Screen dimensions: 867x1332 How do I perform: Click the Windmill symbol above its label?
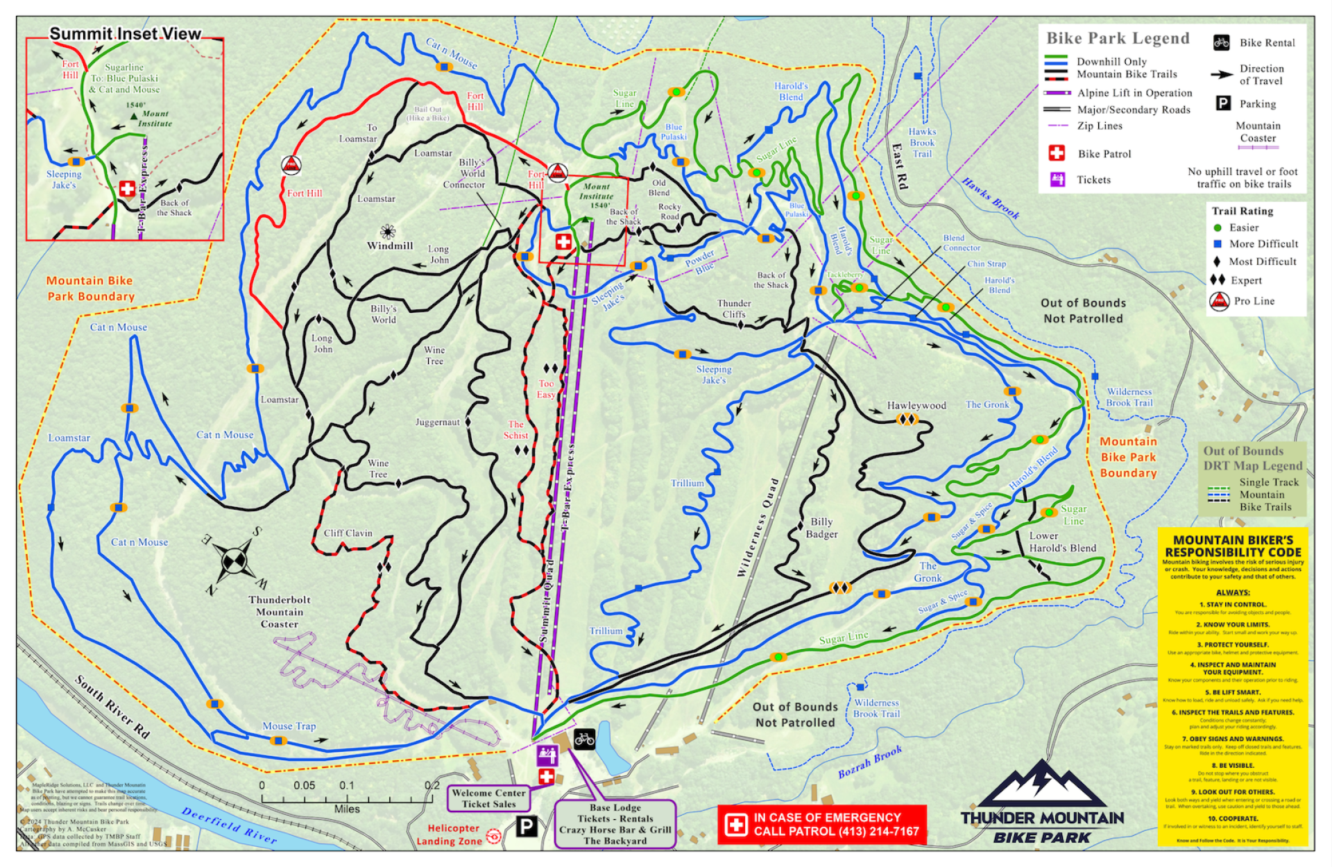(x=388, y=231)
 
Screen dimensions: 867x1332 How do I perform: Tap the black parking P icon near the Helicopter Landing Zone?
(x=527, y=827)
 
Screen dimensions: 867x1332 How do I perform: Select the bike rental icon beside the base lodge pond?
(x=584, y=739)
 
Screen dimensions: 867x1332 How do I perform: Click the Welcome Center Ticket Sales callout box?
(x=488, y=798)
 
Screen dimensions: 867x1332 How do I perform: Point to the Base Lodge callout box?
(x=615, y=825)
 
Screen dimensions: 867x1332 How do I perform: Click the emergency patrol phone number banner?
(x=822, y=825)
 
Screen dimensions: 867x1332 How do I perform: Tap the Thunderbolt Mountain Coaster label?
(x=280, y=612)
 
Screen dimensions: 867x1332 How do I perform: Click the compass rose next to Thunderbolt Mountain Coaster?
(x=234, y=560)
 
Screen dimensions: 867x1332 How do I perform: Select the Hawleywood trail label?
(x=916, y=406)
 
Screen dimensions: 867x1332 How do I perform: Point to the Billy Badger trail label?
(x=821, y=528)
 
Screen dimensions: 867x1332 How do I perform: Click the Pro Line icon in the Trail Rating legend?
(x=1219, y=301)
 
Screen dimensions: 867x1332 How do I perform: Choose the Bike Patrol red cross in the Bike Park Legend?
(x=1056, y=153)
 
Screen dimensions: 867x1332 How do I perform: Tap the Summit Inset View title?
(x=125, y=34)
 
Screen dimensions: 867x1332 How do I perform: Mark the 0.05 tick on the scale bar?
(x=304, y=786)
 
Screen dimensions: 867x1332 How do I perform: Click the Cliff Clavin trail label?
(x=348, y=533)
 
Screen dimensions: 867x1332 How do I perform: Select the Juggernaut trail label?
(x=437, y=422)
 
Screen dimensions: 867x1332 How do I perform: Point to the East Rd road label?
(x=899, y=166)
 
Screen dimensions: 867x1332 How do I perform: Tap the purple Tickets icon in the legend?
(x=1057, y=180)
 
